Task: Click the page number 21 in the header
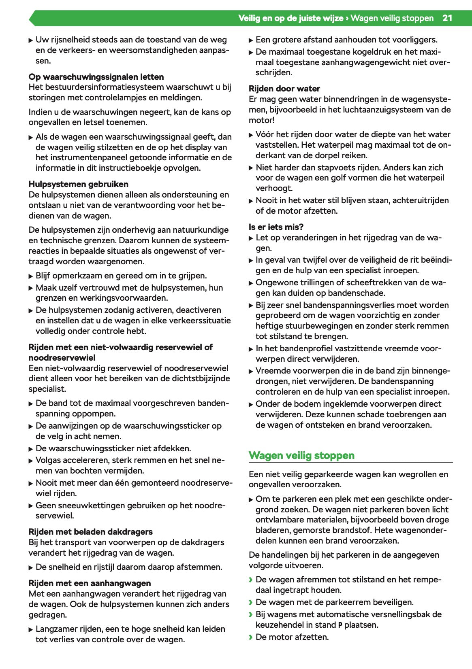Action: click(447, 18)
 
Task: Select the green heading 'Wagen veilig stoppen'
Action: click(301, 455)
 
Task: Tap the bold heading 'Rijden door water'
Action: click(284, 89)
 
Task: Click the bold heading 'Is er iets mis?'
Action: click(276, 227)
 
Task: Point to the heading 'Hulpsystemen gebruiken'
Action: click(78, 184)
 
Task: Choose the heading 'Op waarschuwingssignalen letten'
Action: click(96, 77)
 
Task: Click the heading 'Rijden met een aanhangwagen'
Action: click(90, 583)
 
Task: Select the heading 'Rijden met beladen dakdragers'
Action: click(90, 532)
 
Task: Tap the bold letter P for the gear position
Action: click(340, 625)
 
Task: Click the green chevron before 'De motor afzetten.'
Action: click(251, 637)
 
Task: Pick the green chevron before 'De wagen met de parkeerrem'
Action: click(251, 602)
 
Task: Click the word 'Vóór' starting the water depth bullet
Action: click(265, 134)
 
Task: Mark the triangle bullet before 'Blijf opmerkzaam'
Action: click(31, 276)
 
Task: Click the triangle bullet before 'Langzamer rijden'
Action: click(31, 629)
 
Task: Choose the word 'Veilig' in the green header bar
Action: click(250, 18)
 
